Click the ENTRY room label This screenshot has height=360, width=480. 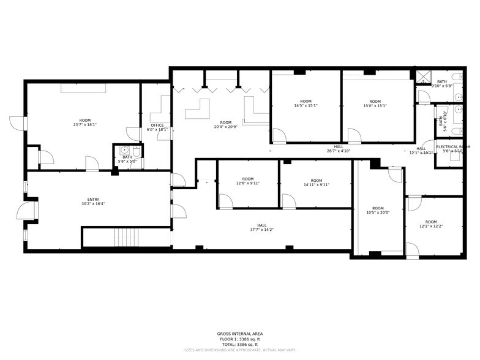[93, 200]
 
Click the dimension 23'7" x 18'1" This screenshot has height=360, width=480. [84, 125]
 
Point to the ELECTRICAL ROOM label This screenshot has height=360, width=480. [453, 147]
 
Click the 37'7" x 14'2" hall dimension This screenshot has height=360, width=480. [261, 230]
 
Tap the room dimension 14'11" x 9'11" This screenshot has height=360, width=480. [316, 184]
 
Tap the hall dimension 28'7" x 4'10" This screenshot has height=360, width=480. [338, 151]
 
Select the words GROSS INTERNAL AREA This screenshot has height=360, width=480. [240, 334]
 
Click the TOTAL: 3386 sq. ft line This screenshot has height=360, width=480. [240, 344]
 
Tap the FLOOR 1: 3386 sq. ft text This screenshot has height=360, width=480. [240, 339]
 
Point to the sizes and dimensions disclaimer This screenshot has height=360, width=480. [240, 350]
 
